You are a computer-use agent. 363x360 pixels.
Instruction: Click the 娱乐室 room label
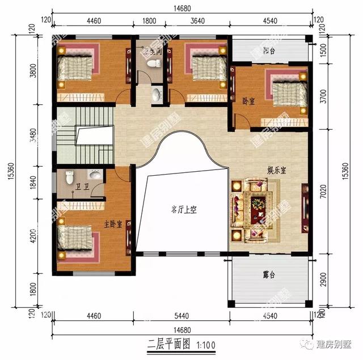(277, 169)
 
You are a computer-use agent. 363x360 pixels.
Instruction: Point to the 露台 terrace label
(269, 276)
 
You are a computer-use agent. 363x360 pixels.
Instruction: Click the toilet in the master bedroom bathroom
(69, 174)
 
